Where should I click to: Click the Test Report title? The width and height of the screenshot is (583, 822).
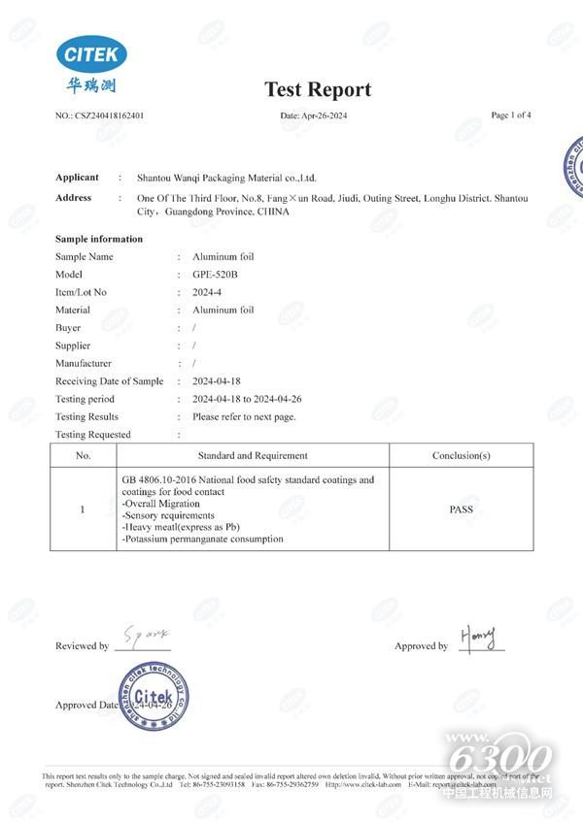[x=318, y=89]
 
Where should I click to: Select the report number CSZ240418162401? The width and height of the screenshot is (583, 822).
[x=110, y=115]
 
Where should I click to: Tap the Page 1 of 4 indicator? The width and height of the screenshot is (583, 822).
[x=511, y=115]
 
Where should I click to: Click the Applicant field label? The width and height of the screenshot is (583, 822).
[x=77, y=178]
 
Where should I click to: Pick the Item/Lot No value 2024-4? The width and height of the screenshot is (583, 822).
[x=209, y=292]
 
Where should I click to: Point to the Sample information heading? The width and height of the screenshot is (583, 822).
[x=99, y=239]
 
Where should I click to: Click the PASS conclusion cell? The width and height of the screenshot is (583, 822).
[x=462, y=509]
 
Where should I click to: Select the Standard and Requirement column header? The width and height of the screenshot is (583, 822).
[x=253, y=455]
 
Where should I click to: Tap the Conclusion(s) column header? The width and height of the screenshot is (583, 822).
[x=462, y=455]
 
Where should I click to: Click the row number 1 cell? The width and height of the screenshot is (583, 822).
[x=83, y=509]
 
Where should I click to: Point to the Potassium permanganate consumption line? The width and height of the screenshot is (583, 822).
[x=202, y=539]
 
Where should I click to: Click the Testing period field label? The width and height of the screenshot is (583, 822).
[x=85, y=399]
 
